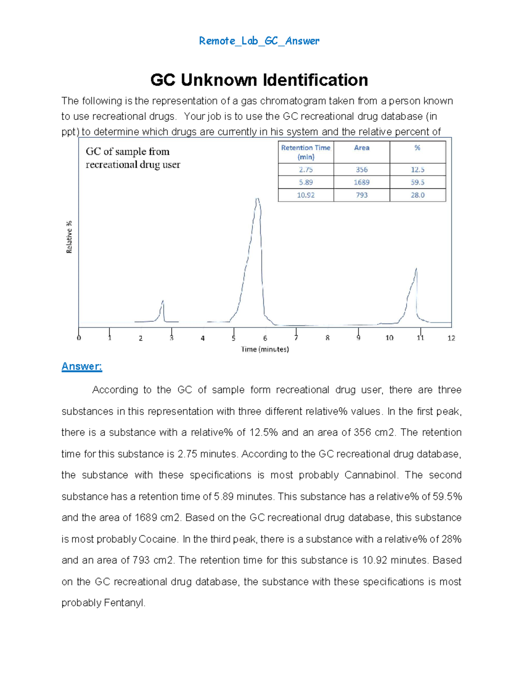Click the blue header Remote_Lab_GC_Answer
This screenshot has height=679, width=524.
[x=259, y=41]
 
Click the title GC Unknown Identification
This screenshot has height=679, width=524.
[x=259, y=80]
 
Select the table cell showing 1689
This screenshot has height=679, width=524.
[x=362, y=182]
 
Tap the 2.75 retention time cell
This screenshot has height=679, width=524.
[x=306, y=170]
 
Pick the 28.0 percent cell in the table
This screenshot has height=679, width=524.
[x=417, y=195]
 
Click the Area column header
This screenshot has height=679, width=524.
[x=362, y=148]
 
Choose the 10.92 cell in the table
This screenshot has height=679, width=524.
[x=306, y=195]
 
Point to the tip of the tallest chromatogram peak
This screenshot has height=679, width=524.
[x=258, y=199]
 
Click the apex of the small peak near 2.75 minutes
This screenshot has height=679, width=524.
[x=163, y=301]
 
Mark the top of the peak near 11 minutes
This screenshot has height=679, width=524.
[x=416, y=268]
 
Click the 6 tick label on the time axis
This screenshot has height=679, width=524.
[x=265, y=338]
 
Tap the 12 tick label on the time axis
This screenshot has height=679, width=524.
[x=451, y=338]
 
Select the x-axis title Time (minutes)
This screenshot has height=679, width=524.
[x=265, y=349]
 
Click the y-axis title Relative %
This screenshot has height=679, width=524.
[x=69, y=237]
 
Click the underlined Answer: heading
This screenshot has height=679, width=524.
[x=82, y=366]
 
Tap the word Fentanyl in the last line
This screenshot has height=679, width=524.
[x=124, y=603]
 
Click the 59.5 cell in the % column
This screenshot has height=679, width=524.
[x=417, y=182]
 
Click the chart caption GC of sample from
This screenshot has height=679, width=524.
[x=128, y=152]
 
